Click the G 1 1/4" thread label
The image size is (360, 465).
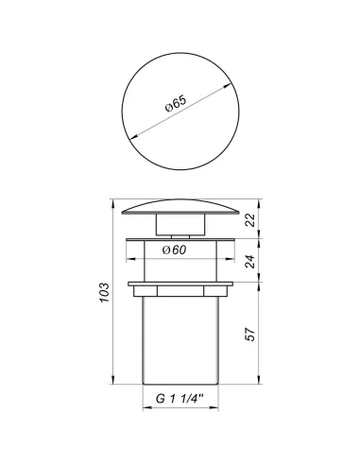point(180,399)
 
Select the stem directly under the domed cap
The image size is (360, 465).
point(180,227)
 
